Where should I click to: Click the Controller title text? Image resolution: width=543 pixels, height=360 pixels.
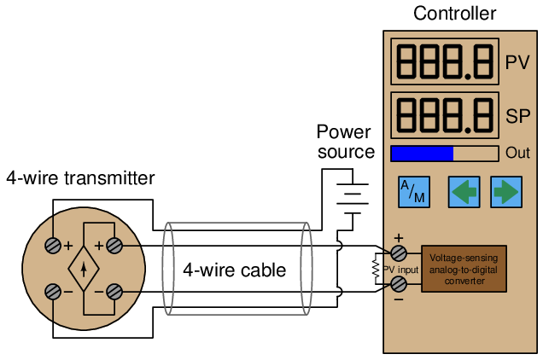pos(454,14)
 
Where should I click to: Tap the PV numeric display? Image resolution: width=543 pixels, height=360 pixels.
pos(445,61)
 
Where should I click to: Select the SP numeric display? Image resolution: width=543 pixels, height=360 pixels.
pos(445,114)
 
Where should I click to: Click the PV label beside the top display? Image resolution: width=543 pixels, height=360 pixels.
pos(517,62)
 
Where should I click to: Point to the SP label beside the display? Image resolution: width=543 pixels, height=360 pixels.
pos(517,116)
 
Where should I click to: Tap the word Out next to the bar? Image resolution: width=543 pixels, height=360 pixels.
pos(517,154)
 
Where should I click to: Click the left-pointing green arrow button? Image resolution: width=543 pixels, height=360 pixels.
pos(464,192)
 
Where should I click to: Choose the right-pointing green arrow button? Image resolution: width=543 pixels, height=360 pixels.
pos(505,192)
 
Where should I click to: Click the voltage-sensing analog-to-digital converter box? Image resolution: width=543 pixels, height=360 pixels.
pos(464,269)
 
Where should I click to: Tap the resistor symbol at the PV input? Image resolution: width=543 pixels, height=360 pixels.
pos(376,269)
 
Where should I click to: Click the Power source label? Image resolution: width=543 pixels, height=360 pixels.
pos(345,142)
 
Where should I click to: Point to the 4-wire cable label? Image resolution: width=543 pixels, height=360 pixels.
pos(234,270)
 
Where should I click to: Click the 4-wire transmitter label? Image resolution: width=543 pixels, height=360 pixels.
pos(80,178)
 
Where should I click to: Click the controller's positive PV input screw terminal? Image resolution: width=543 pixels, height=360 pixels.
pos(399,253)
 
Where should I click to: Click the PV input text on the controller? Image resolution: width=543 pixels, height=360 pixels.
pos(400,270)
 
